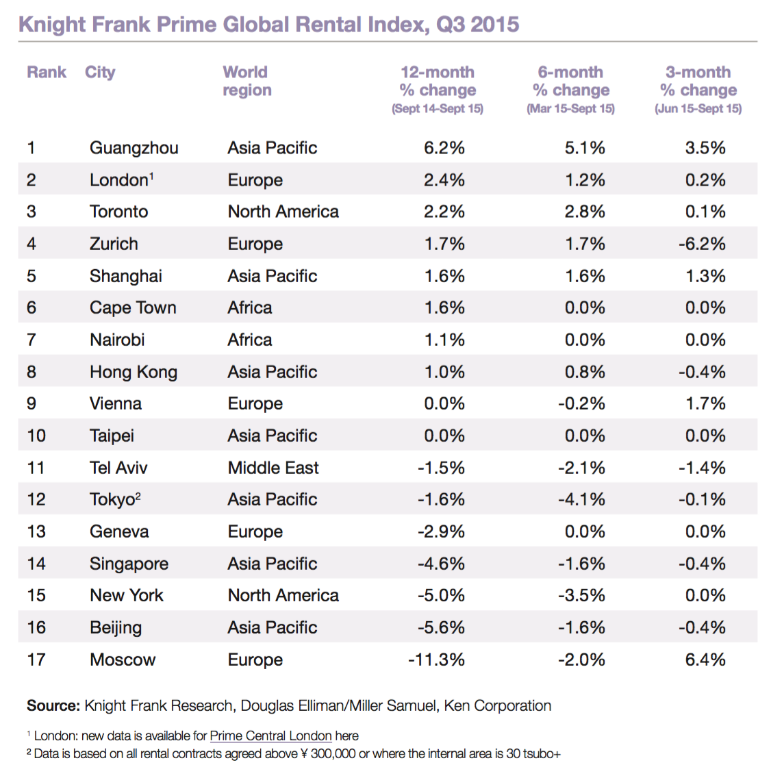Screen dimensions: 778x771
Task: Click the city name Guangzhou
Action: pos(134,148)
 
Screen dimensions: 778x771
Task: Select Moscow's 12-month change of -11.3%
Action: pos(436,660)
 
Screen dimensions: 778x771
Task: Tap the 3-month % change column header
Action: pos(698,81)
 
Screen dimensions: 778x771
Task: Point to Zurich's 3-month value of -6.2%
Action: pos(702,244)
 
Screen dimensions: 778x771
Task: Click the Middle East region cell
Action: pos(273,468)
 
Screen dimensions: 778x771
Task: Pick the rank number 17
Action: pos(36,660)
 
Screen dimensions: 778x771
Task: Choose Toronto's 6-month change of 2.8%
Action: pos(585,212)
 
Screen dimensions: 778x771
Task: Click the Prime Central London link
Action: pos(270,736)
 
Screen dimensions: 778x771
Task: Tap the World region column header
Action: pos(247,81)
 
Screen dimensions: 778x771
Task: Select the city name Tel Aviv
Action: pos(118,468)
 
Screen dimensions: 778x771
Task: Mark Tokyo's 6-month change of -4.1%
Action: pos(581,499)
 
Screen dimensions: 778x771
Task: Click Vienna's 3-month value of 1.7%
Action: pos(705,403)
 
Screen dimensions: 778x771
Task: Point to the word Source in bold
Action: pos(53,705)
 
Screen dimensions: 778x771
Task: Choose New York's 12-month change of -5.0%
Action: pos(441,595)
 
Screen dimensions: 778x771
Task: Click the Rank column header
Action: pos(47,72)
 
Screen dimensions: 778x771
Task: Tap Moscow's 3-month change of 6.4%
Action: pos(705,660)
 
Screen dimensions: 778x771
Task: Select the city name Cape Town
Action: pos(133,308)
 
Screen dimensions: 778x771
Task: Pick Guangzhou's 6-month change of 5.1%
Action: pos(585,148)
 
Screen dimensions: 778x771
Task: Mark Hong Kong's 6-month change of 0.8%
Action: pos(585,372)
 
